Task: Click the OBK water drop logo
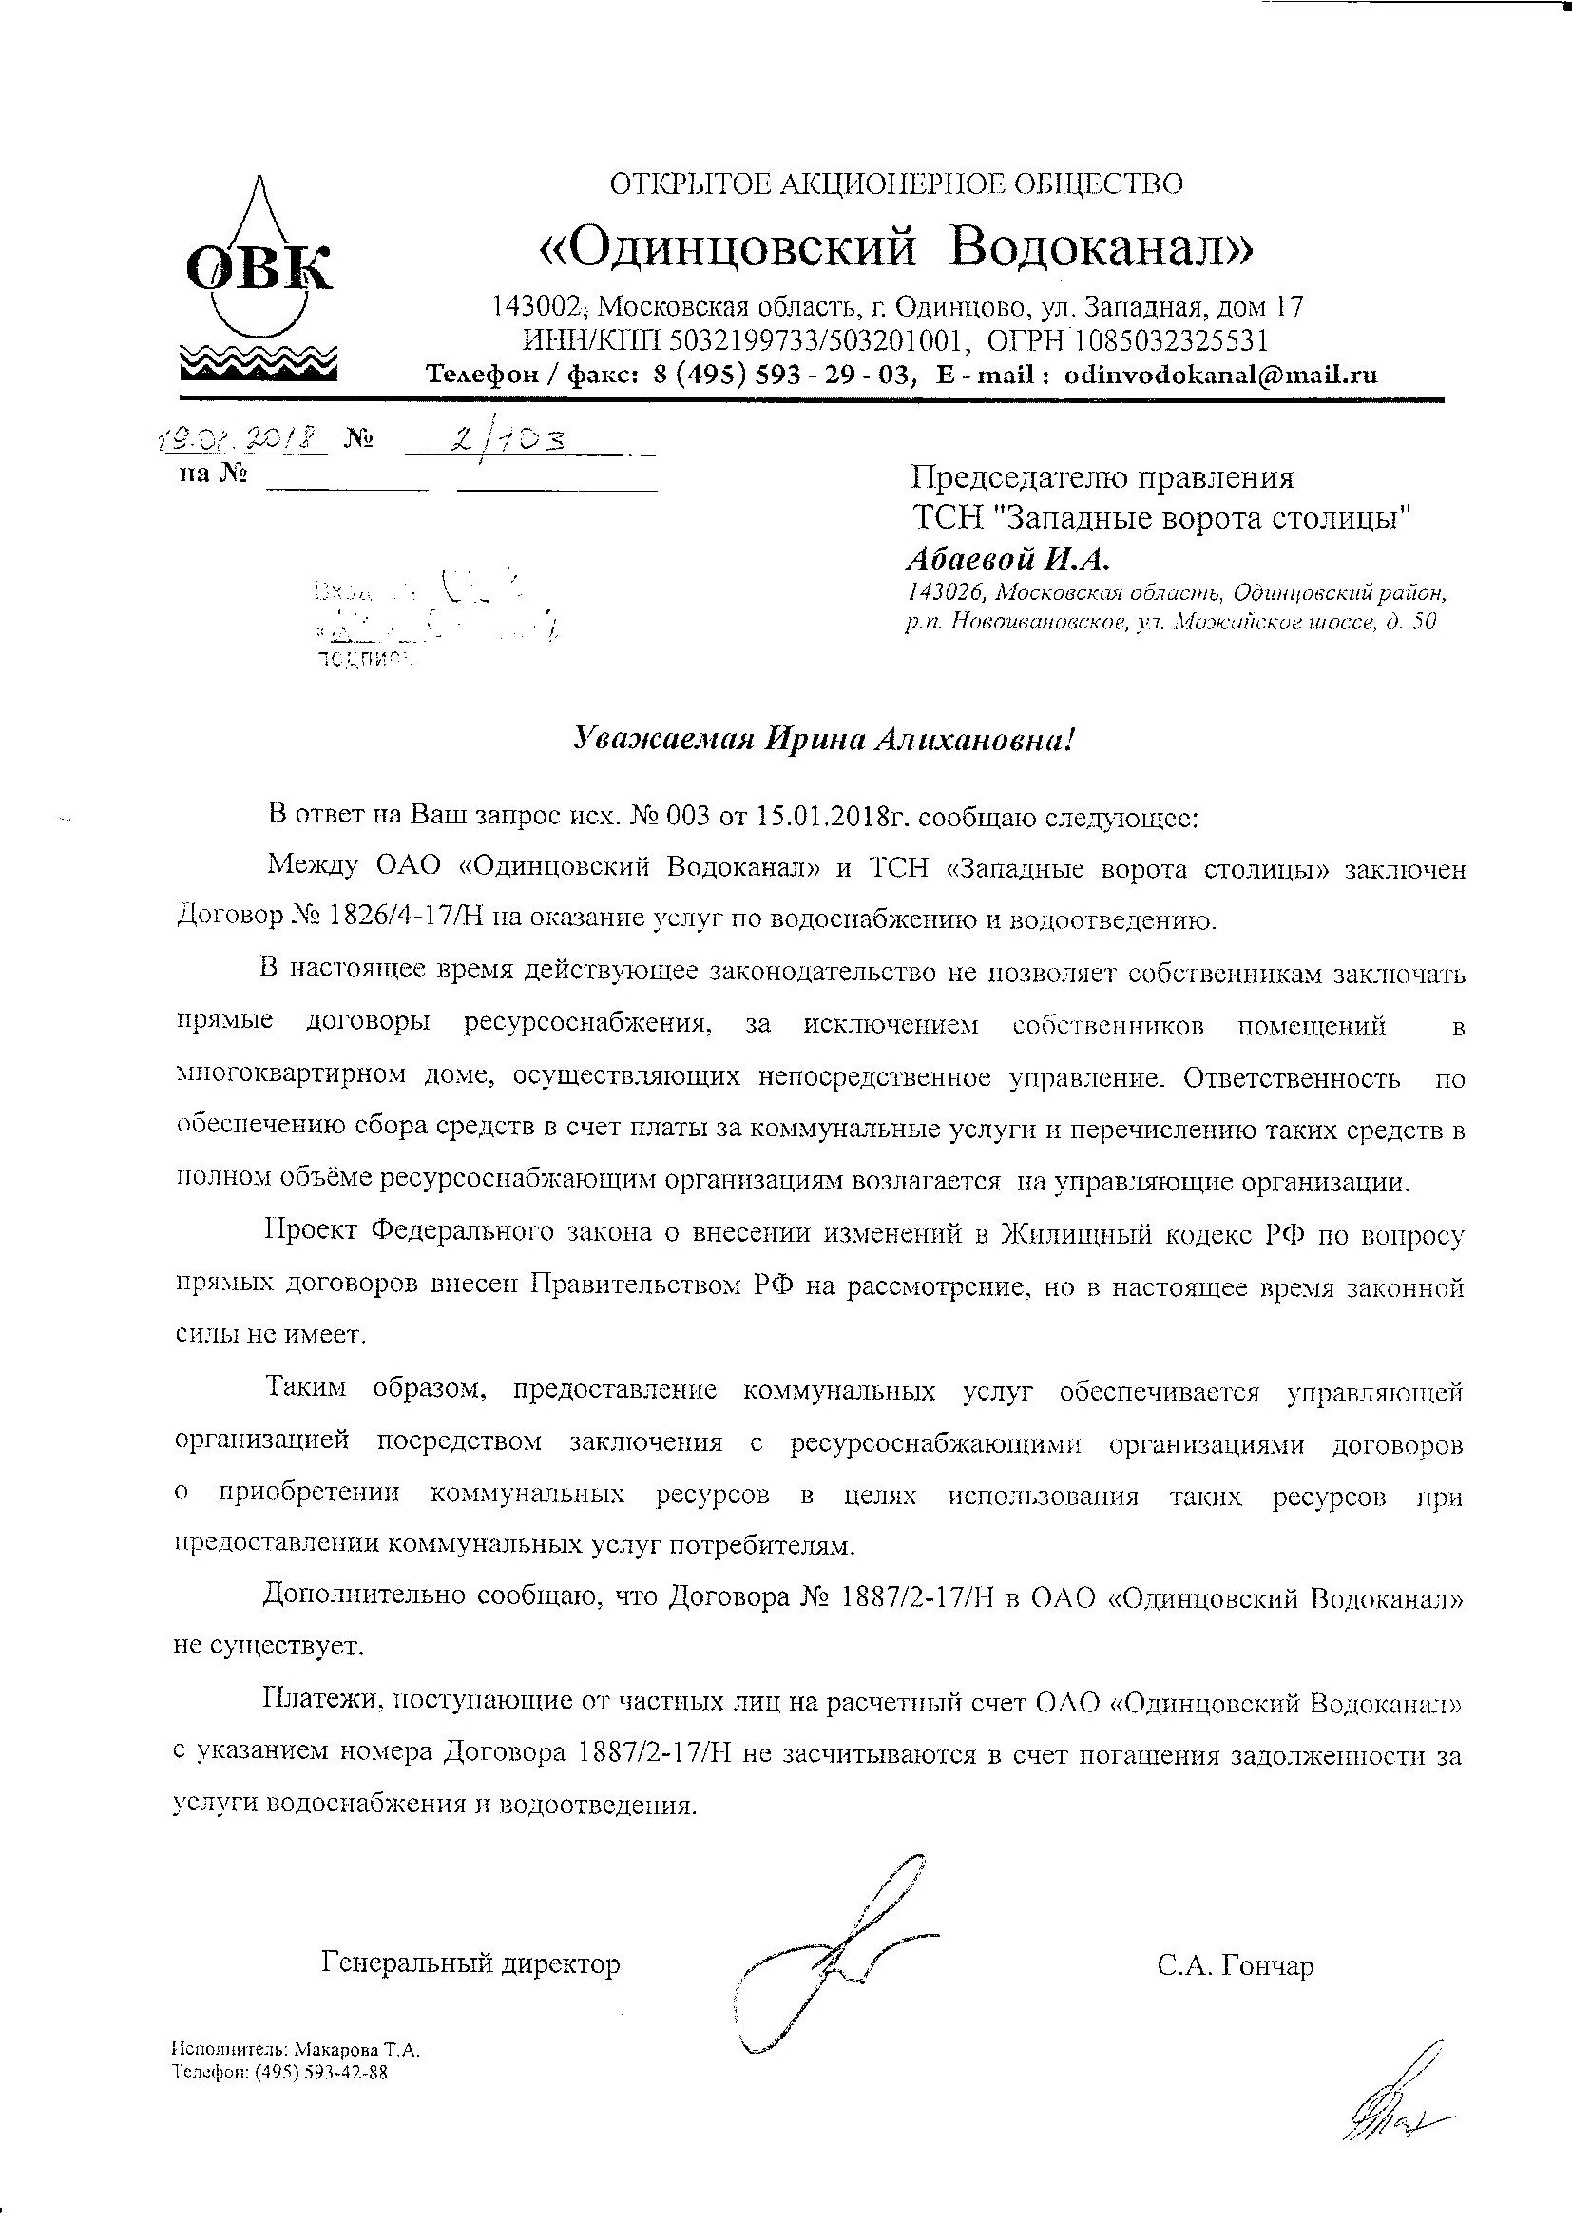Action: (x=259, y=277)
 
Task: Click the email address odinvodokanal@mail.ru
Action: (x=1220, y=375)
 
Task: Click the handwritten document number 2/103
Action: (x=514, y=441)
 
